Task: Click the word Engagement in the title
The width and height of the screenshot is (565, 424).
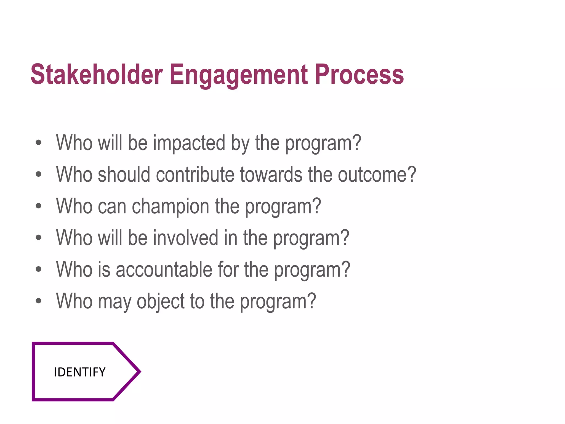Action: click(x=239, y=75)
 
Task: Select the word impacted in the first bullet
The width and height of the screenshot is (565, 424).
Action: click(x=189, y=143)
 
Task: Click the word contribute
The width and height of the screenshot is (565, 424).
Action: click(x=195, y=174)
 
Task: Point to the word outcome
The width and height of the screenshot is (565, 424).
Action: click(x=373, y=174)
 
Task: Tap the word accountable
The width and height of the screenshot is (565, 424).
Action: click(x=164, y=269)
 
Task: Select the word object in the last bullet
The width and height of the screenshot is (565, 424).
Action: click(x=161, y=301)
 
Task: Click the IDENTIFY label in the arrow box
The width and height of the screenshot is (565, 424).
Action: click(x=79, y=372)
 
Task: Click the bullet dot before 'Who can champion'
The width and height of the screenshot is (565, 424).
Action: click(x=39, y=206)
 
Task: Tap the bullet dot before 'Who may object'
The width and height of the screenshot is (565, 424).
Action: click(x=39, y=301)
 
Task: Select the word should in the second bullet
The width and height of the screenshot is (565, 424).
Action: click(x=124, y=174)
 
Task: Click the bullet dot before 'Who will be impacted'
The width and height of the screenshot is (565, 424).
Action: click(x=39, y=143)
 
